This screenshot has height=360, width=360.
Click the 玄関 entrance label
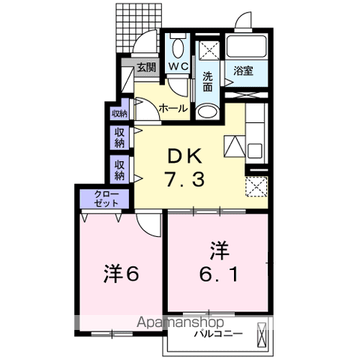coord(146,67)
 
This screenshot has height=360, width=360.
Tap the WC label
coord(178,66)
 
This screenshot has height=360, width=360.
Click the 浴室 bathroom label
coord(243,70)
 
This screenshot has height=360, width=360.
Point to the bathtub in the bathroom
coord(247,46)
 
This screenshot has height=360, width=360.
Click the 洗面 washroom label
coord(208,81)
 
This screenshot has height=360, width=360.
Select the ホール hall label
coord(173,109)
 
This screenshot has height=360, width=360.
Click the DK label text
coord(184,156)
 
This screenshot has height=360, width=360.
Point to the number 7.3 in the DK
coord(184,179)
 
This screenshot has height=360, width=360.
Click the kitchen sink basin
coord(254,151)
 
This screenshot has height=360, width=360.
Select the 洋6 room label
coord(121,274)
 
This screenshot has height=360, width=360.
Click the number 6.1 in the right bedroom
coord(219,274)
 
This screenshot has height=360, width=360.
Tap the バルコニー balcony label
coord(218,334)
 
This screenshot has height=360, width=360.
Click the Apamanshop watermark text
coord(180,322)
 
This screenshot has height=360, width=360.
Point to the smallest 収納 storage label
coord(119,114)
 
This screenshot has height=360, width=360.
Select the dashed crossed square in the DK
coord(256,186)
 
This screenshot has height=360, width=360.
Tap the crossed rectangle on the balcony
coord(262,334)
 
